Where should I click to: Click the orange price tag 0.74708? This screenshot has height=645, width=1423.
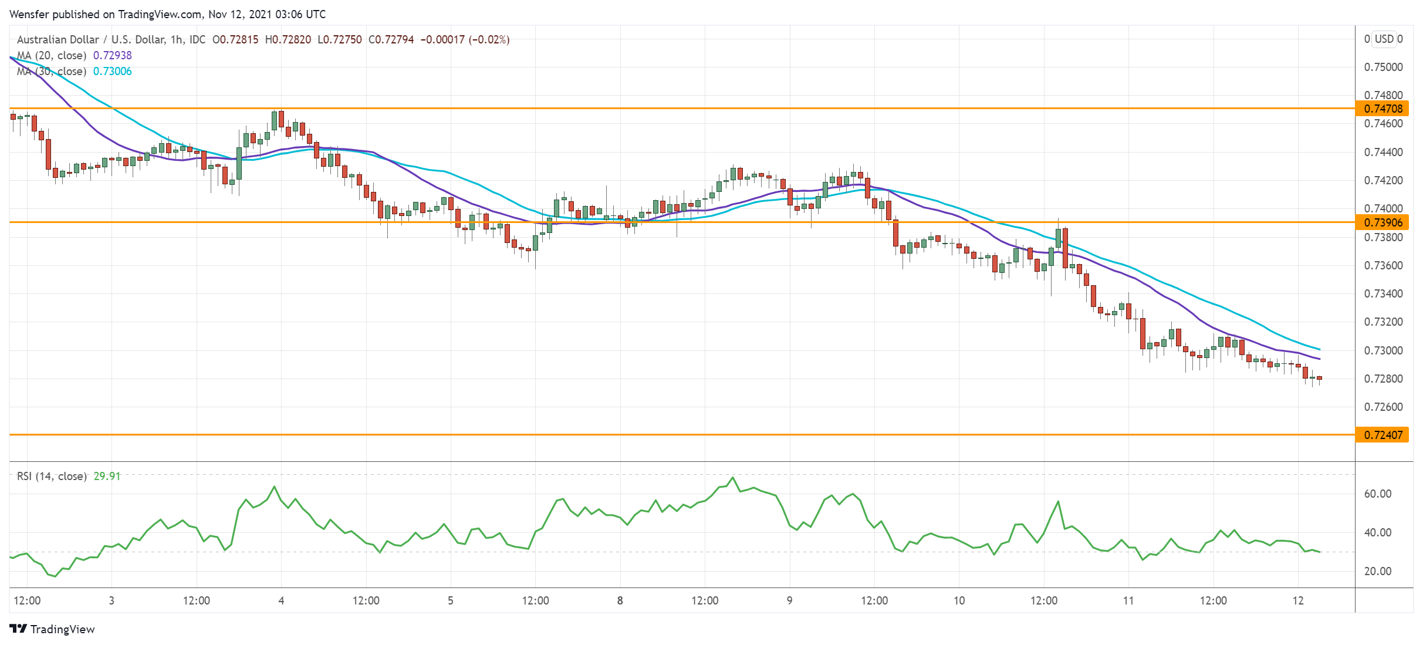click(x=1382, y=109)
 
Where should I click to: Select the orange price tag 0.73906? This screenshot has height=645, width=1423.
click(x=1382, y=222)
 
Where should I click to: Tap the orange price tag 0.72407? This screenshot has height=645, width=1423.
click(x=1382, y=435)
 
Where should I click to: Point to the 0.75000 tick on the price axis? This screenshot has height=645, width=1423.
click(x=1383, y=67)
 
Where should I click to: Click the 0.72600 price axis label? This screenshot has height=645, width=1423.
click(x=1383, y=407)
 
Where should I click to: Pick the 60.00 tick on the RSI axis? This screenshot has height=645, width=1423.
click(x=1377, y=494)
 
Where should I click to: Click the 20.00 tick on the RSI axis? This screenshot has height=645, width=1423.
click(x=1377, y=571)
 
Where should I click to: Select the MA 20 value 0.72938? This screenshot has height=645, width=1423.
click(x=113, y=55)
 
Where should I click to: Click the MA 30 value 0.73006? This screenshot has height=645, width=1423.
click(x=113, y=71)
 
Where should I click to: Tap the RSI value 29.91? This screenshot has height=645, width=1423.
click(x=107, y=476)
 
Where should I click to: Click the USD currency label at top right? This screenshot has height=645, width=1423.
click(x=1384, y=39)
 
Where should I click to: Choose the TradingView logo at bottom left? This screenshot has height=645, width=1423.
click(x=52, y=629)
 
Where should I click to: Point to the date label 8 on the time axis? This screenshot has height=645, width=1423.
click(x=620, y=600)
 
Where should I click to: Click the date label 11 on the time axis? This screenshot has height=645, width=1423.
click(x=1128, y=600)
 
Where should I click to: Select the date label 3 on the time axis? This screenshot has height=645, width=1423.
click(x=111, y=600)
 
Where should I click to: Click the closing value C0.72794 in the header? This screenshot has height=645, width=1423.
click(x=391, y=39)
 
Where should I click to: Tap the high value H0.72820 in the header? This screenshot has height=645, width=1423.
click(x=288, y=39)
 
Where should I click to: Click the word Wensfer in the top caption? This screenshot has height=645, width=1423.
click(x=29, y=14)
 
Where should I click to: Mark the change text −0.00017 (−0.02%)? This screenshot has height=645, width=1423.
click(x=465, y=39)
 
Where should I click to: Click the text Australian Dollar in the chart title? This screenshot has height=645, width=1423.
click(x=58, y=39)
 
